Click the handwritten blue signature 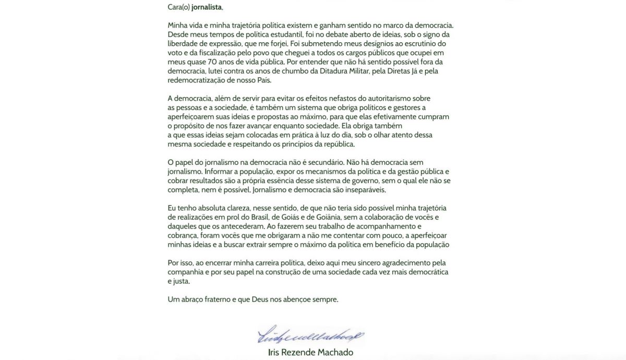(311, 335)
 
